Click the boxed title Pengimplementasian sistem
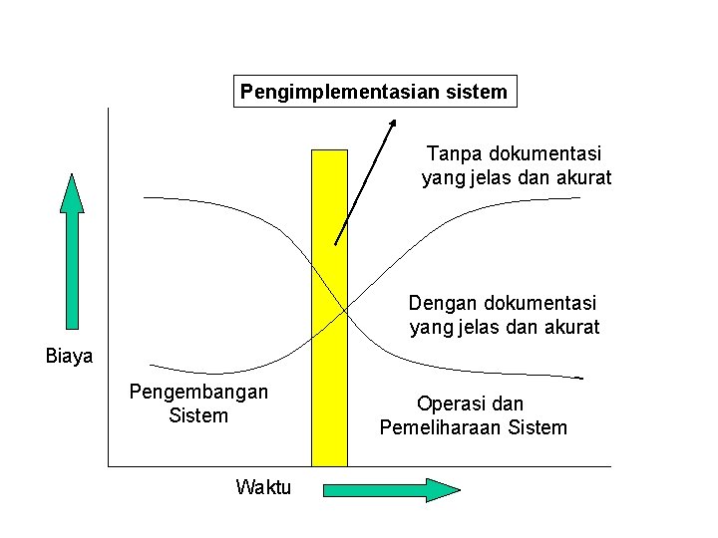tap(374, 93)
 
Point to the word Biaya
tap(70, 356)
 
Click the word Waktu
tap(263, 487)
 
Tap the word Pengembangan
tap(198, 392)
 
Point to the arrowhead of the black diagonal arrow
tap(393, 124)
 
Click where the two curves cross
tap(345, 311)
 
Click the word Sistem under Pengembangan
tap(198, 415)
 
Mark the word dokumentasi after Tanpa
tap(542, 154)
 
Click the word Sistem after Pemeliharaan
tap(538, 427)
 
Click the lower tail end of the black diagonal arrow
tap(335, 243)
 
